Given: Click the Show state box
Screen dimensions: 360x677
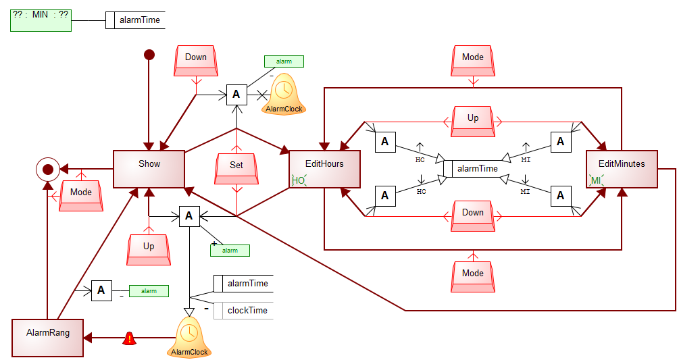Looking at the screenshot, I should click(x=149, y=169).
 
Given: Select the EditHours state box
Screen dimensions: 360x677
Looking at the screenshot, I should click(x=324, y=169).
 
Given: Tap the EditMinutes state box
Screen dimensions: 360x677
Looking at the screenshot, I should click(x=622, y=169).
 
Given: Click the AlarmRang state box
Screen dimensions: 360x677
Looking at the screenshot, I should click(x=47, y=338).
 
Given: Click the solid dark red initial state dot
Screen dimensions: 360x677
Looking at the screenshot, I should click(x=149, y=54).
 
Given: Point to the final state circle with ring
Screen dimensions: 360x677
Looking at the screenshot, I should click(x=47, y=169).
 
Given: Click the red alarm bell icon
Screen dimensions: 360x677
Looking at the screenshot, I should click(x=129, y=338).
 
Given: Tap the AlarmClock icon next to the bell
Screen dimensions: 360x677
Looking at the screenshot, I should click(x=189, y=336).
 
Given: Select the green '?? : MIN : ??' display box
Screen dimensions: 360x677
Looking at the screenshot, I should click(x=41, y=20).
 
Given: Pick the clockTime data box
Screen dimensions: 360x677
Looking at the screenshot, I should click(x=243, y=311).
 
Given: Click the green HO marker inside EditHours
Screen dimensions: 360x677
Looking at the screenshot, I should click(x=299, y=180).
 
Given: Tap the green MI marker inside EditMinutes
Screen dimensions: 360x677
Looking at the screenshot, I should click(x=596, y=180).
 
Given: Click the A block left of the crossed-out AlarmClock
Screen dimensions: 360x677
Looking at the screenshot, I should click(x=236, y=95).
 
